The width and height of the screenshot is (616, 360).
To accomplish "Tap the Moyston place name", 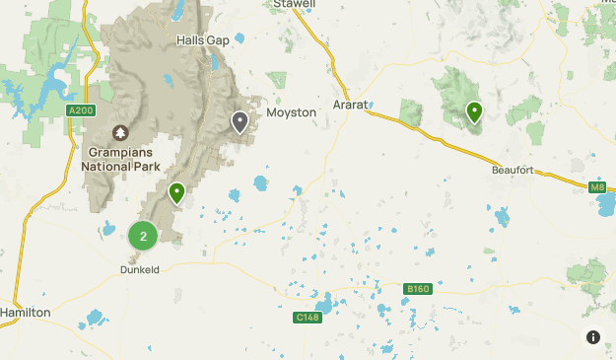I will pos(291,112).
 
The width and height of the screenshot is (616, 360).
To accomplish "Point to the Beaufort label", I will pos(512,170).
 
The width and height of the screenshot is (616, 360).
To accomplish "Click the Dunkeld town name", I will pos(139,268).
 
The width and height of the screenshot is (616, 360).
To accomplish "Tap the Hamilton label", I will pos(25,312).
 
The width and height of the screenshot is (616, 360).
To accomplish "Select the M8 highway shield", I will pos(597,186).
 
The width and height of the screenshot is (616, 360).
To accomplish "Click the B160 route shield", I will pos(418,289).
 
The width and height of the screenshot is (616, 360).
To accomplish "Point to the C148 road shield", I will pos(307,318).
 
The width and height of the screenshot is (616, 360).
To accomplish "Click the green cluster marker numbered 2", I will pos(143,236).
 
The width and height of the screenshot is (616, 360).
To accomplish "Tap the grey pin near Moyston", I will pos(240,121).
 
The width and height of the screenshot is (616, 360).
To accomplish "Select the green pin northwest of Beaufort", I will pos(474,112).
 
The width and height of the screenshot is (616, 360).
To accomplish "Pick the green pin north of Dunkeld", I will pos(176,192).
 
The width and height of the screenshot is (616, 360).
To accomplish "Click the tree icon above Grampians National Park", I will pos(121,132).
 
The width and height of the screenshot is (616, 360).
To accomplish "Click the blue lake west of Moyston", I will pos(260,182).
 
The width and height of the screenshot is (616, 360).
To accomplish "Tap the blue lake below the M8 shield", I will pos(605,205).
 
